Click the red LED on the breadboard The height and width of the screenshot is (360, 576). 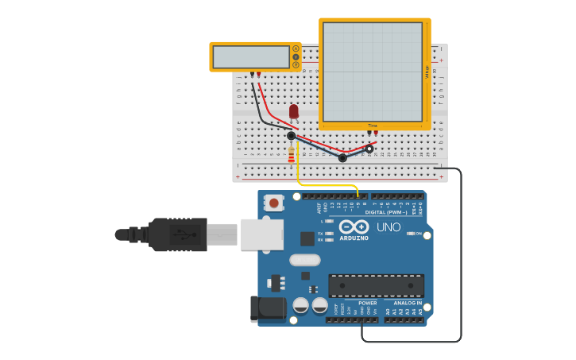pos(294,112)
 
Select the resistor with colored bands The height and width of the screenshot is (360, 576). pos(291,153)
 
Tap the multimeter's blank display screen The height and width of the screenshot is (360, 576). pos(251,57)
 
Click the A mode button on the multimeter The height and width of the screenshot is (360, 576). pos(296,48)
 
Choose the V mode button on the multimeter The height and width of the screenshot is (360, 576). pos(296,57)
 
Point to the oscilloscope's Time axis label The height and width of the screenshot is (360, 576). pos(372,126)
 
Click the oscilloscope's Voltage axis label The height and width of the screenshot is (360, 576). pos(427,73)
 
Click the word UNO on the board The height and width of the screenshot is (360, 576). pos(389,227)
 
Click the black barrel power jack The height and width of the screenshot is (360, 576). pos(268,309)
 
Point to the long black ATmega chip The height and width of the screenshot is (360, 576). pos(376,286)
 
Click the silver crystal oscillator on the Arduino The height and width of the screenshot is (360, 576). pos(304,260)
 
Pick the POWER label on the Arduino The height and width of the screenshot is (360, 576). pos(367,303)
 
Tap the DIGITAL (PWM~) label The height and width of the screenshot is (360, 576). pos(385,212)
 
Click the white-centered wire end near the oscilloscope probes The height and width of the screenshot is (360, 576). pos(369,149)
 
